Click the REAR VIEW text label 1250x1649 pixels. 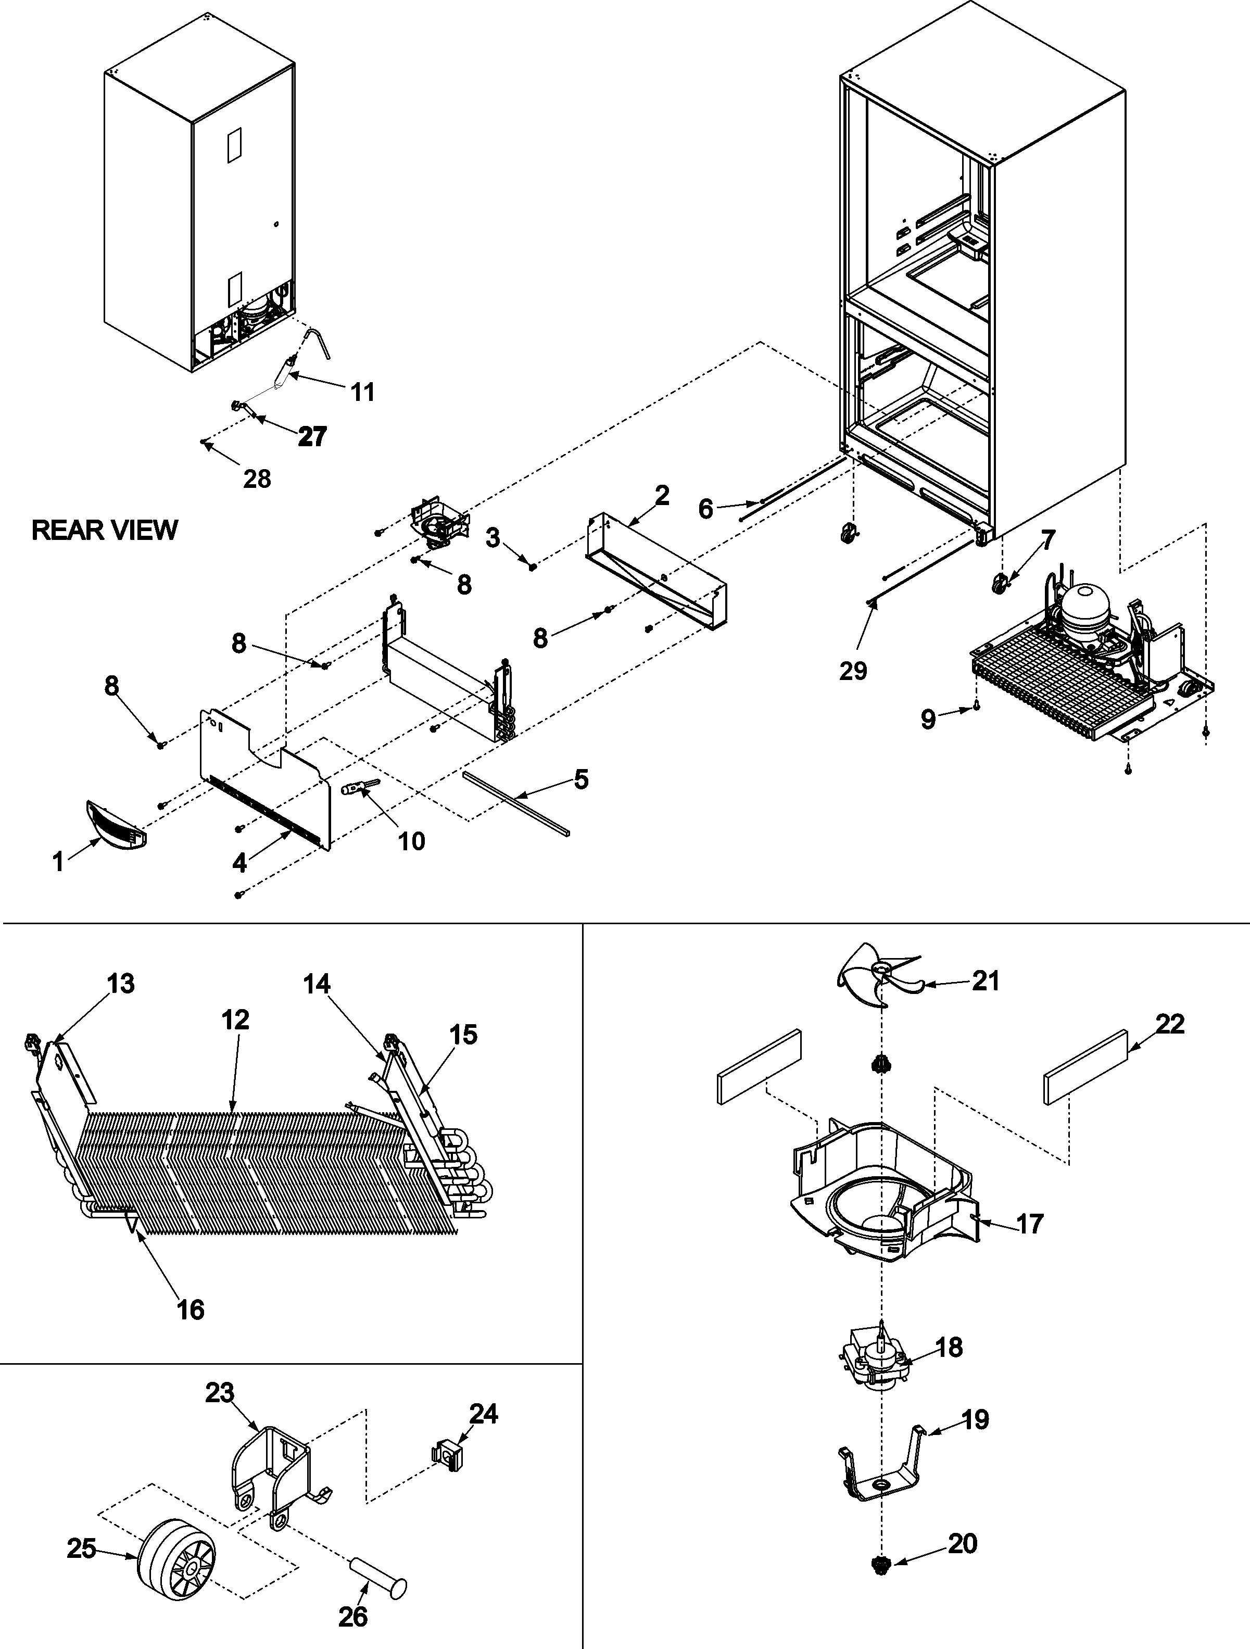point(104,530)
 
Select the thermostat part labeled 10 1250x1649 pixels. point(359,787)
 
